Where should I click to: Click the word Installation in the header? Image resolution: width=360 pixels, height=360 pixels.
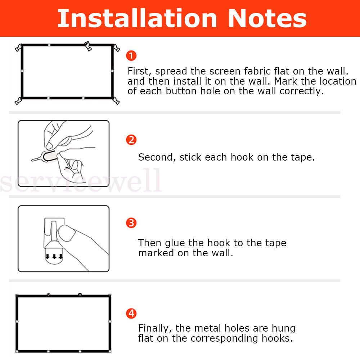click(x=137, y=18)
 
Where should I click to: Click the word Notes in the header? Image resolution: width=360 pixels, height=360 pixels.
click(x=267, y=18)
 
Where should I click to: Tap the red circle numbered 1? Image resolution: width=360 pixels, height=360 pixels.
click(x=131, y=55)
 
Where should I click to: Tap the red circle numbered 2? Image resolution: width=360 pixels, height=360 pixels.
click(x=131, y=140)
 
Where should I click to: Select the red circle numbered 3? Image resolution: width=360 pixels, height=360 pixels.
click(x=131, y=223)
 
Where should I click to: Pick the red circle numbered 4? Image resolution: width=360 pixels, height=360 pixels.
click(x=131, y=314)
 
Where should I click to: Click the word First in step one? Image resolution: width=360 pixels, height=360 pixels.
click(x=139, y=71)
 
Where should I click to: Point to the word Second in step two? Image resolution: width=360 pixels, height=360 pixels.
click(x=157, y=158)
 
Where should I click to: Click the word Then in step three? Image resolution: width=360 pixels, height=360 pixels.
click(x=149, y=243)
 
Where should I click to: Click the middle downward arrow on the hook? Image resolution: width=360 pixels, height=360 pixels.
click(x=54, y=256)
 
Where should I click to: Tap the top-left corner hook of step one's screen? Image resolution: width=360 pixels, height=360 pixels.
click(x=19, y=48)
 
